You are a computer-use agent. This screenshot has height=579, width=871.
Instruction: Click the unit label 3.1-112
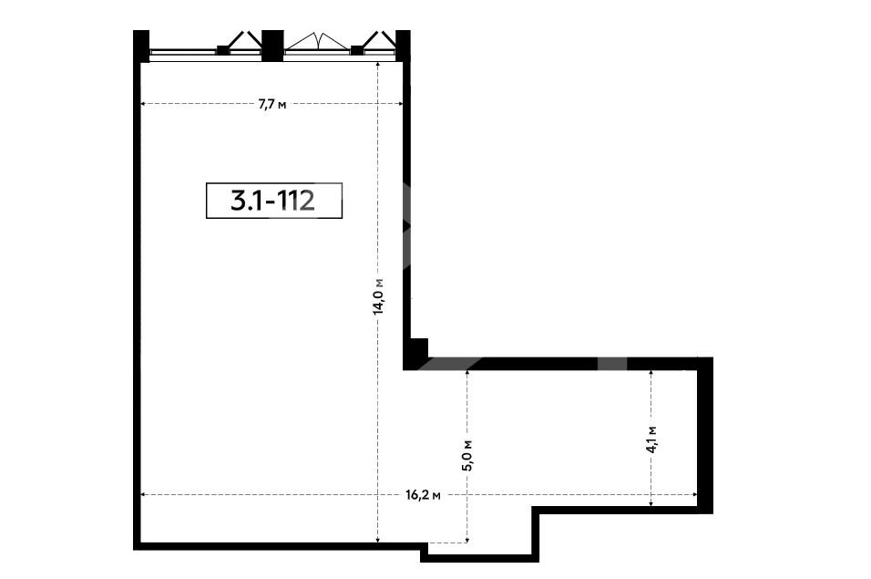[x=274, y=200]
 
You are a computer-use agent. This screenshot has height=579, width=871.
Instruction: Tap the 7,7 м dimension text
[x=272, y=104]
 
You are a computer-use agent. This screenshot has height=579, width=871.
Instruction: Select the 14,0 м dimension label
[x=378, y=296]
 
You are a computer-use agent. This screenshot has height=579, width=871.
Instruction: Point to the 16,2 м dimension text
[x=424, y=495]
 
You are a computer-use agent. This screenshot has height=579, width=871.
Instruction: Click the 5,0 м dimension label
[x=467, y=456]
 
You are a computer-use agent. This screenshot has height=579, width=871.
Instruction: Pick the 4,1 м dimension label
[x=651, y=439]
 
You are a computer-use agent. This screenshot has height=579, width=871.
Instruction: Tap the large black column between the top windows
[x=272, y=46]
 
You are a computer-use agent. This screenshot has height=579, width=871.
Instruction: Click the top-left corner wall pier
[x=141, y=46]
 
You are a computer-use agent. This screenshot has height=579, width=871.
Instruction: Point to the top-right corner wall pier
[x=403, y=46]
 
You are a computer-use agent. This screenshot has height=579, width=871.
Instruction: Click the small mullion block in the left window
[x=222, y=50]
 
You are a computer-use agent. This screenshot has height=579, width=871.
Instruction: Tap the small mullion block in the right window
[x=357, y=50]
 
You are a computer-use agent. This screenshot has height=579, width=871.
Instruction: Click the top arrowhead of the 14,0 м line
[x=378, y=65]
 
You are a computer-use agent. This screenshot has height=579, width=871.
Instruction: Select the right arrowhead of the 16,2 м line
[x=694, y=494]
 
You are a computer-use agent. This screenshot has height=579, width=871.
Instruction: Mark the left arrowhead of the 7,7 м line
[x=143, y=103]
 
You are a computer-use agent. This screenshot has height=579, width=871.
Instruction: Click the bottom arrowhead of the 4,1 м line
[x=651, y=503]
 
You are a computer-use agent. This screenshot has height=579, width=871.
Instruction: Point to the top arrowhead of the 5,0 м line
[x=467, y=374]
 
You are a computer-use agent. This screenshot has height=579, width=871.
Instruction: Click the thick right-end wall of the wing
[x=705, y=435]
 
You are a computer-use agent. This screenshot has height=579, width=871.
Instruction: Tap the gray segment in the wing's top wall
[x=612, y=364]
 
